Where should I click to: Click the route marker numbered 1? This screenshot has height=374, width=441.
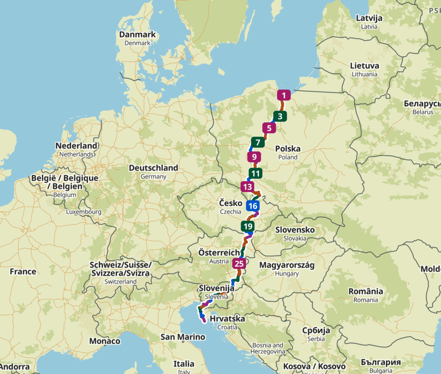[x=284, y=96]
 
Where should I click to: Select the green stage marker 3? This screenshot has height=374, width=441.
[x=280, y=117]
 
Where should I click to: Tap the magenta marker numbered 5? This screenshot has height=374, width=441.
[x=269, y=128]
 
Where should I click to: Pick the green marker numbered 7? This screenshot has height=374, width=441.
[x=258, y=142]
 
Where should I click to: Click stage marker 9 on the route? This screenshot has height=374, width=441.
[x=254, y=157]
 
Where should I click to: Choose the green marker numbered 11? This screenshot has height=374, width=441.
[x=255, y=173]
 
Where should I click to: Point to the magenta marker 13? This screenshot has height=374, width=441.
[x=247, y=187]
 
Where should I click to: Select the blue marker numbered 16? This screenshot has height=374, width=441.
[x=253, y=206]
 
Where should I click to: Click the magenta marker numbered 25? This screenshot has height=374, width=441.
[x=239, y=264]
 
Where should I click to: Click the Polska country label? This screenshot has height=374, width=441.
[x=288, y=149]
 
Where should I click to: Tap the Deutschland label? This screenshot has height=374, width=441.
[x=153, y=168]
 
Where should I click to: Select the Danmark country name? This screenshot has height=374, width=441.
[x=137, y=35]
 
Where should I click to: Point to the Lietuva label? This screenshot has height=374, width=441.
[x=364, y=66]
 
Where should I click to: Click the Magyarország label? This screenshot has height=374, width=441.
[x=287, y=265]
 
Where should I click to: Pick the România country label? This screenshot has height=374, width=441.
[x=366, y=292]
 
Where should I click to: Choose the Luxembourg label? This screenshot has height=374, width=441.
[x=83, y=212]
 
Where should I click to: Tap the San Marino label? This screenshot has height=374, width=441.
[x=183, y=337]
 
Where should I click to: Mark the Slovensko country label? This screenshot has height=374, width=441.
[x=295, y=230]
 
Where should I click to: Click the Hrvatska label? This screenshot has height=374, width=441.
[x=227, y=318]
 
